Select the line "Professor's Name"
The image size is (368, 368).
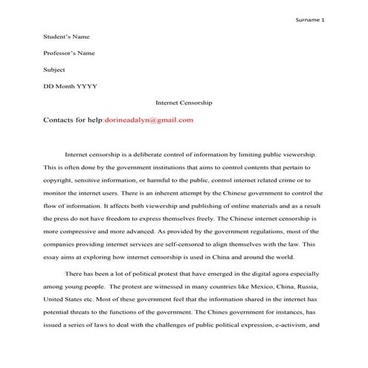pyautogui.click(x=71, y=53)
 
